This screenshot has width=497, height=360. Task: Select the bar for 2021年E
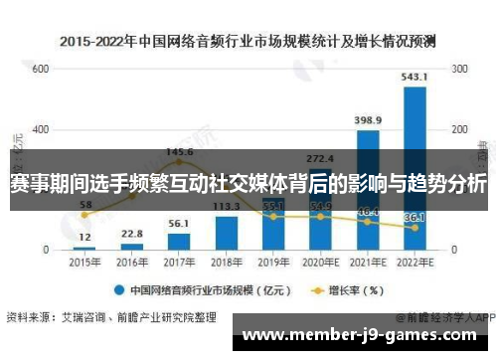tap(367, 189)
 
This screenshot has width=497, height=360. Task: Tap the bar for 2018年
tap(227, 233)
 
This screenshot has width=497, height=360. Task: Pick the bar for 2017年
tap(179, 240)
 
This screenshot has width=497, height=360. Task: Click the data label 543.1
tap(414, 77)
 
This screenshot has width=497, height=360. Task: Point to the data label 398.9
tap(368, 120)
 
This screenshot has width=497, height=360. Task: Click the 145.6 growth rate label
tap(180, 152)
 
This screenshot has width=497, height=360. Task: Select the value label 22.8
tap(132, 233)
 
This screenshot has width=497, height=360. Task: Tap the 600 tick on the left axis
tap(40, 70)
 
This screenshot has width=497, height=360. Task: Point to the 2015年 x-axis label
tap(84, 264)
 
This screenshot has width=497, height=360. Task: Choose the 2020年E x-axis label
tap(320, 264)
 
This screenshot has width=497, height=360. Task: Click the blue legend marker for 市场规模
tap(116, 291)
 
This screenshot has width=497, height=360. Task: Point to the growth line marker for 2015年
tap(84, 215)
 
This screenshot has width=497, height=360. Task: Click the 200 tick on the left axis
tap(40, 189)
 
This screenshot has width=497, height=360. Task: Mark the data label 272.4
tap(320, 158)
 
